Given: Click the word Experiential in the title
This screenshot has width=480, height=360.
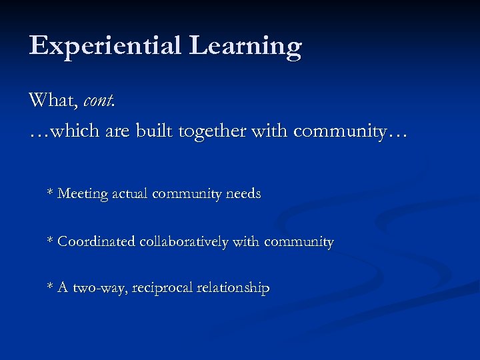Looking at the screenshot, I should (x=105, y=47).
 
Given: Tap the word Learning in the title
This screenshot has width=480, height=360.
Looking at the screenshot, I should (x=245, y=47).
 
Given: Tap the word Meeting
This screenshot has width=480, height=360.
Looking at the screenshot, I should (x=83, y=194).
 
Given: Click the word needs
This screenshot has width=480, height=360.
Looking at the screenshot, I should (x=243, y=194).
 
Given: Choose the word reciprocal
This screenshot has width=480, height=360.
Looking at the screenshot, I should (x=161, y=289).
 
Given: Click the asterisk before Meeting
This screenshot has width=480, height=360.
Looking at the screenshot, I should (x=50, y=193).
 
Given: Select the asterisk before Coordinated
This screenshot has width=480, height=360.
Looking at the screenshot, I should (x=50, y=240).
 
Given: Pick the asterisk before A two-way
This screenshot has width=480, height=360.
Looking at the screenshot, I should (x=50, y=287).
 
